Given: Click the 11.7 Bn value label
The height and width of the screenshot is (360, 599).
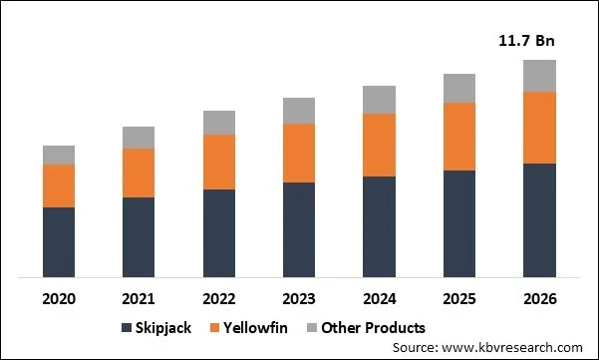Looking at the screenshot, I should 525,41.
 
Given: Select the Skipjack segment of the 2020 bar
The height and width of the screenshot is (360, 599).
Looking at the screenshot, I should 59,241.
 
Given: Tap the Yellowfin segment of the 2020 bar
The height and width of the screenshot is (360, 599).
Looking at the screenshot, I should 59,185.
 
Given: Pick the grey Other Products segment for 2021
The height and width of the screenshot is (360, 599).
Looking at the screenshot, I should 139,138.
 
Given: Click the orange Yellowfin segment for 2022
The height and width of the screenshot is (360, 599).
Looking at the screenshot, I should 219,162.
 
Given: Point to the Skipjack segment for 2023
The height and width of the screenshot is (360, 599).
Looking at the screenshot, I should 299,229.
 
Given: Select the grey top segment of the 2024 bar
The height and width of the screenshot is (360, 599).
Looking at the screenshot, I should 379,100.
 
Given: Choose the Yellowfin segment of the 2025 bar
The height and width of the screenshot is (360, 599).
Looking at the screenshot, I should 459,137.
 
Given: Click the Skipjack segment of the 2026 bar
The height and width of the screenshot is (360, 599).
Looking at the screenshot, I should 539,219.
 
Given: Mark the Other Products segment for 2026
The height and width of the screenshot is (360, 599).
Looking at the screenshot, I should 539,76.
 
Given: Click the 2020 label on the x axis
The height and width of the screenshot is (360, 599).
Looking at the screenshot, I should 59,298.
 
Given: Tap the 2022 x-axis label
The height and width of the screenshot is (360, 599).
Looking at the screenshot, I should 219,298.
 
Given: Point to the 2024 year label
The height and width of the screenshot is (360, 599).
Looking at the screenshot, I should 379,298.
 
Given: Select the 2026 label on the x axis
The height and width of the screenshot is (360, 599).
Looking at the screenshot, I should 539,298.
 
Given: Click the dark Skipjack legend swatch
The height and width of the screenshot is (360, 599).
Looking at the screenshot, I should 126,328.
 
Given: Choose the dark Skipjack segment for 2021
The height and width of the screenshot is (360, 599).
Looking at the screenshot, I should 139,236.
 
